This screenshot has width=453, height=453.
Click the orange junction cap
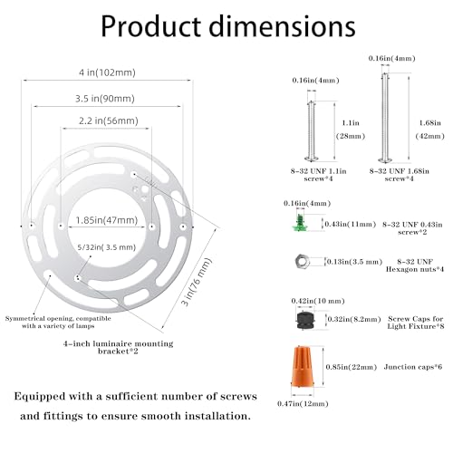303,371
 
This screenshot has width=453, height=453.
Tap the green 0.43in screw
299,223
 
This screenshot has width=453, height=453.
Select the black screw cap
305,320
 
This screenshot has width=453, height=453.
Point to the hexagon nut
302,262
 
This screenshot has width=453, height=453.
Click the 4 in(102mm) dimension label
107,72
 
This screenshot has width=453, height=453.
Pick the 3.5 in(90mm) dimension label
105,99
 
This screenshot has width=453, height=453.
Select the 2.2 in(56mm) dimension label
109,120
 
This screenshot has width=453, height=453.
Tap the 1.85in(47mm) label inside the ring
107,220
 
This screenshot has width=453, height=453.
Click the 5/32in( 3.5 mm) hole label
107,247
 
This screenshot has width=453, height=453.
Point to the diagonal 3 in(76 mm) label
197,281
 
